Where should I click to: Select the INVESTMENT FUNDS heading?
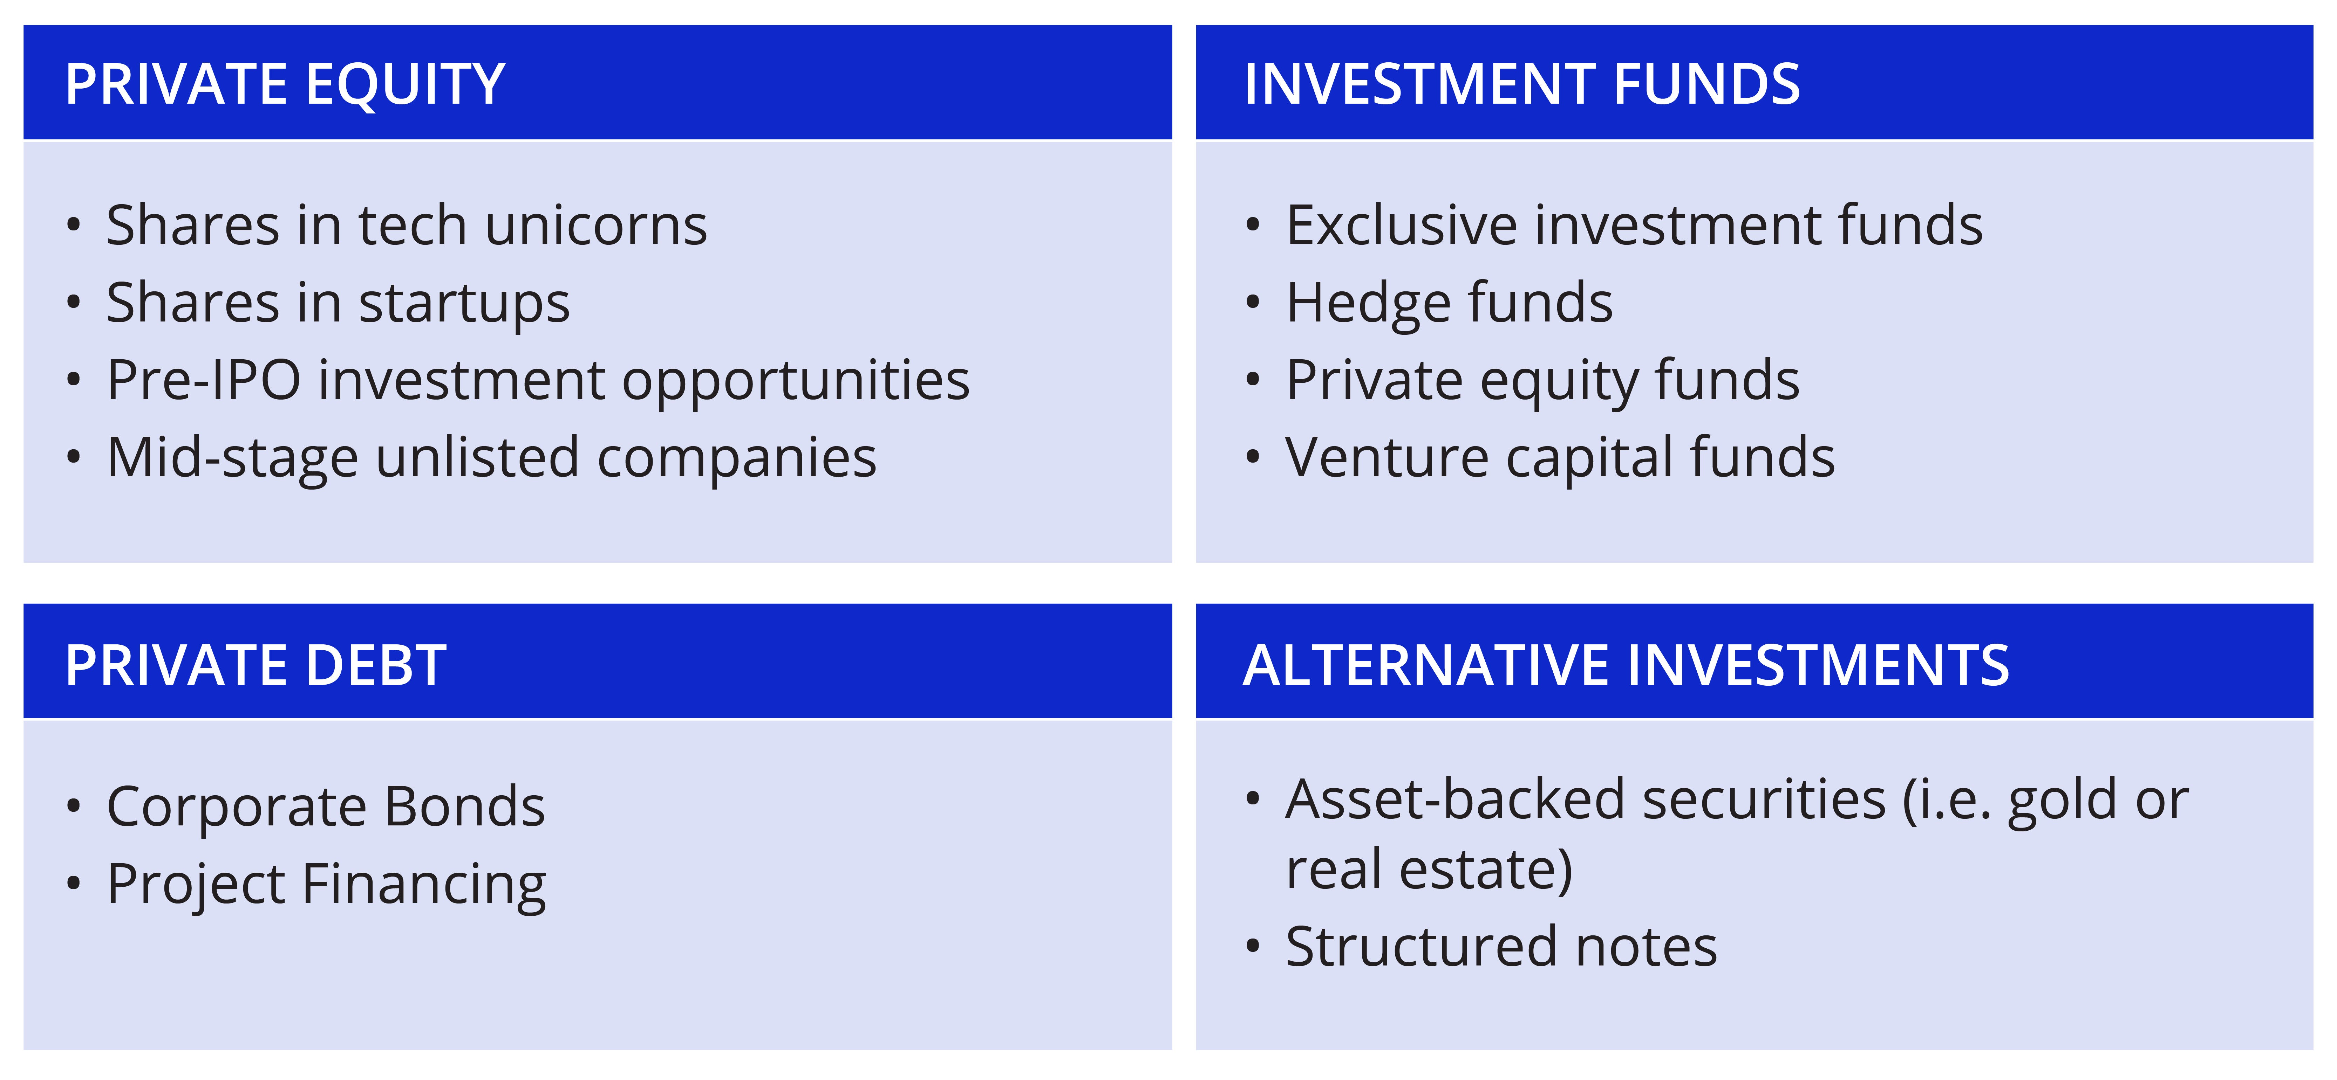pos(1521,84)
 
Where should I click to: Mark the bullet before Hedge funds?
pos(1253,303)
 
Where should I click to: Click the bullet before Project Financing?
pos(74,884)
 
